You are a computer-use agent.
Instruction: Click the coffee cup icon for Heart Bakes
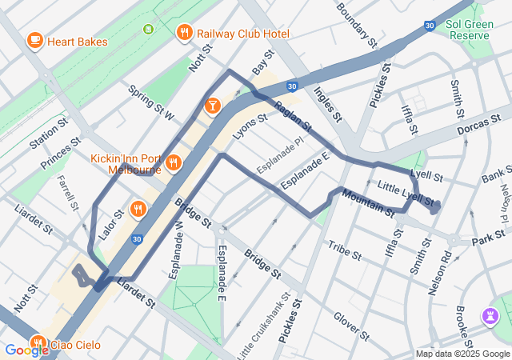pos(34,40)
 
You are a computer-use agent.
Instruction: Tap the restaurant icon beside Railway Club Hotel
pos(184,33)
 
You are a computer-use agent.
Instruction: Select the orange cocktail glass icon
pos(213,105)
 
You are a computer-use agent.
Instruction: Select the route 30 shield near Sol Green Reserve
pos(430,26)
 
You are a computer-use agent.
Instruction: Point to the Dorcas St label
pos(483,130)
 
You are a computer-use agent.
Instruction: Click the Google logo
pos(26,350)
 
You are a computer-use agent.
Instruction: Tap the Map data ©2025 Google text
pos(462,354)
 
